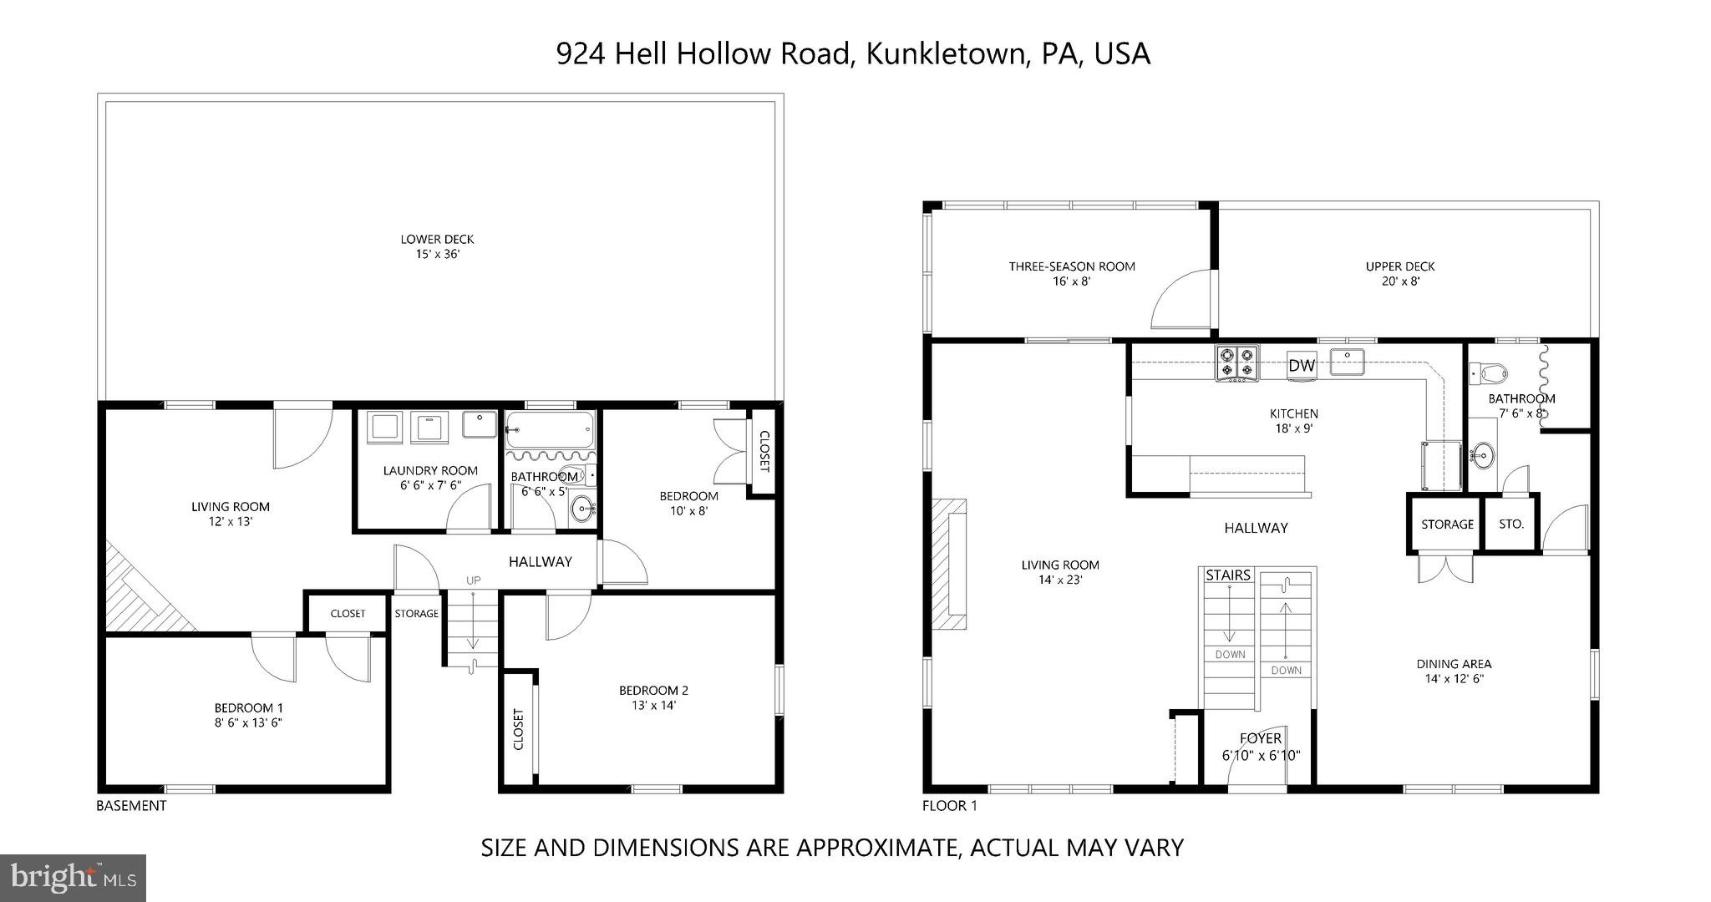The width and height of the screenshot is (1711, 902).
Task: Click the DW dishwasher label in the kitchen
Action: [1302, 365]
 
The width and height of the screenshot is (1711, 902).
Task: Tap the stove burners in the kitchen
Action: [1236, 363]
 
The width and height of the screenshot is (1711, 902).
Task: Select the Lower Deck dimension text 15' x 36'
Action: [438, 254]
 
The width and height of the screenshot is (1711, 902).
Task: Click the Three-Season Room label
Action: [1072, 266]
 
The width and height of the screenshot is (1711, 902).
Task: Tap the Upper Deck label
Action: [1399, 266]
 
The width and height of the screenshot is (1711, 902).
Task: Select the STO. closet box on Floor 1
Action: [1510, 524]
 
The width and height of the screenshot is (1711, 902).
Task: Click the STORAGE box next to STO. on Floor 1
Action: [1447, 524]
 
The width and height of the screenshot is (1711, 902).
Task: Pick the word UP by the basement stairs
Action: [474, 580]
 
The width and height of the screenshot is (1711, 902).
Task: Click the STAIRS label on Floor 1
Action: [1228, 575]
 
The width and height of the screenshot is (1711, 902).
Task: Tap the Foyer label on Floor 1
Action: [1260, 738]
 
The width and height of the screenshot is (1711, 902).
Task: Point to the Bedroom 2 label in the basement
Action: [653, 690]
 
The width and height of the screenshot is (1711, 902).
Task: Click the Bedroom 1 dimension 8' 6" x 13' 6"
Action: [248, 722]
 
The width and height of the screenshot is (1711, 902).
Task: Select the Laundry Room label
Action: [430, 470]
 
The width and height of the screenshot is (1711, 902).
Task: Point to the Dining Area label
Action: [1454, 664]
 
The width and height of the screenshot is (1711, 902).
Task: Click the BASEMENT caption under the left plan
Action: [131, 806]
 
